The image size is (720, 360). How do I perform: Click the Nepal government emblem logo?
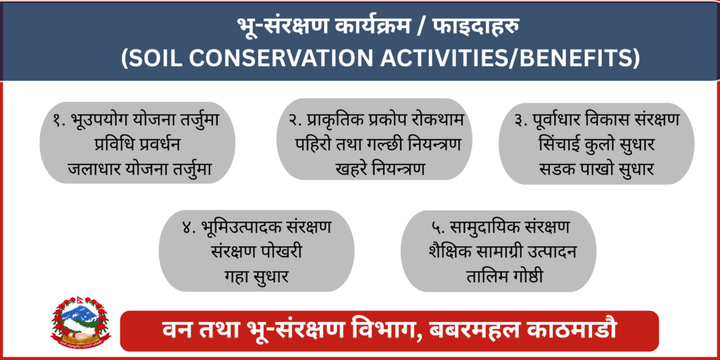tap(80, 322)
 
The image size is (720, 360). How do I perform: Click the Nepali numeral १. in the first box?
tap(60, 121)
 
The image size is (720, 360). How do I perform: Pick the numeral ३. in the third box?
tap(522, 121)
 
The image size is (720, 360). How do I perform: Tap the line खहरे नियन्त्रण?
tap(380, 169)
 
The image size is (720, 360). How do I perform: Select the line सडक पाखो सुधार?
tap(596, 169)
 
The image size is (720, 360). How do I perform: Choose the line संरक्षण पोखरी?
tap(256, 252)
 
